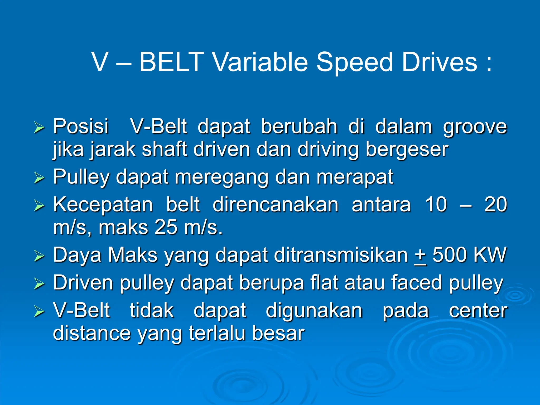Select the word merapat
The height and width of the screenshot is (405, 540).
(x=355, y=177)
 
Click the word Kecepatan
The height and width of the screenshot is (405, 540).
(x=103, y=204)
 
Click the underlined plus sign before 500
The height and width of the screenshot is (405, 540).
(x=420, y=255)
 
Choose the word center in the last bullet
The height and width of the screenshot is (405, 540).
(x=478, y=311)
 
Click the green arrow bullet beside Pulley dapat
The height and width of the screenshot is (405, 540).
(x=39, y=178)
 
